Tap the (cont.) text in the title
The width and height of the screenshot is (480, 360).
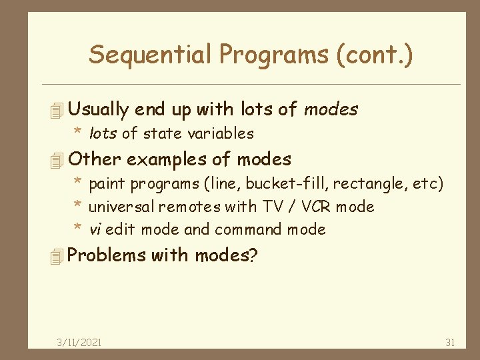tap(376, 55)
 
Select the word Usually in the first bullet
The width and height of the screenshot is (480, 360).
tap(99, 109)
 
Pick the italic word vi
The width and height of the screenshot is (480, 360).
tap(95, 230)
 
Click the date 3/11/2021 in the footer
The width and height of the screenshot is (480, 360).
tap(79, 342)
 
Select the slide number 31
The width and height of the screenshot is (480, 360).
tap(450, 342)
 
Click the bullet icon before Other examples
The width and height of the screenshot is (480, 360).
tap(57, 160)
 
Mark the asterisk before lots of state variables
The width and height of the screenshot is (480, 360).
tap(77, 133)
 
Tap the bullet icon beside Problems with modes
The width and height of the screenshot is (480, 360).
tap(57, 256)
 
